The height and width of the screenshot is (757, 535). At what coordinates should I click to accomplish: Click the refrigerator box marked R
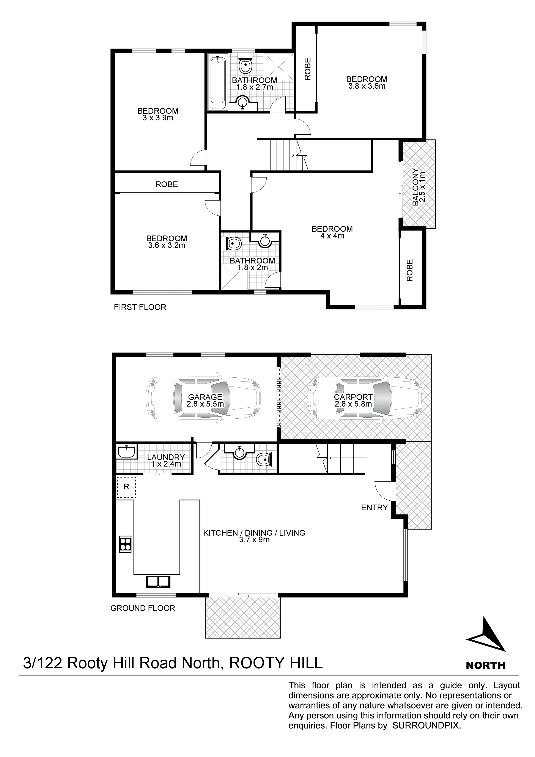click(x=126, y=487)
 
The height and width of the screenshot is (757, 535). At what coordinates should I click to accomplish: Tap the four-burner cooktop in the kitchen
click(x=125, y=543)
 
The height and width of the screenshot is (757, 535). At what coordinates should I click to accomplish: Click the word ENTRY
click(x=374, y=508)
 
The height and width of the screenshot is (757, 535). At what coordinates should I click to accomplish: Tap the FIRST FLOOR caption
click(x=140, y=307)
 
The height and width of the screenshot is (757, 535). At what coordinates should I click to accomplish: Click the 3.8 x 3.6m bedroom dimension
click(x=367, y=86)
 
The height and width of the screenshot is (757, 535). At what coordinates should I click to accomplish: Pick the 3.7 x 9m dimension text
click(x=254, y=540)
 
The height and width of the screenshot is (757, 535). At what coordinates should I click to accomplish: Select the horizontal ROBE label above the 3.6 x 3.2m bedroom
click(x=167, y=184)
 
